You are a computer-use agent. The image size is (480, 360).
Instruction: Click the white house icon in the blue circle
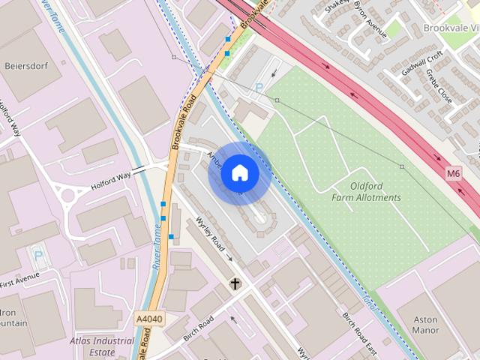click(239, 172)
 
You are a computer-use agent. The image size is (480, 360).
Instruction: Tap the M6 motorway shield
click(453, 172)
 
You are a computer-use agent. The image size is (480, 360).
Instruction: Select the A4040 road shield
click(149, 319)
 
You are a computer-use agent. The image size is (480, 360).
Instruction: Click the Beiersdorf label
click(25, 66)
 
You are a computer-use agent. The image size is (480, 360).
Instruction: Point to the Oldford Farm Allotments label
click(366, 191)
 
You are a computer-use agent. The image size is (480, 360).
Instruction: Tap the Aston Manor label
click(425, 324)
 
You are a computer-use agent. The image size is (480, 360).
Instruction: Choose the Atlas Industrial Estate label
click(102, 346)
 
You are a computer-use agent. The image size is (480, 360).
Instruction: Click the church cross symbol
click(235, 283)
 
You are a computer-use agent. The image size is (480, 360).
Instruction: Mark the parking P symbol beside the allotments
click(259, 88)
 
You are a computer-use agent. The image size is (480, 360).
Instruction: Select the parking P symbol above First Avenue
click(37, 254)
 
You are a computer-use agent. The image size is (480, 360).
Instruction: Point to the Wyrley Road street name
click(211, 235)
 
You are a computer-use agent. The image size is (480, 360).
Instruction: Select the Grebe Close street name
click(439, 88)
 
